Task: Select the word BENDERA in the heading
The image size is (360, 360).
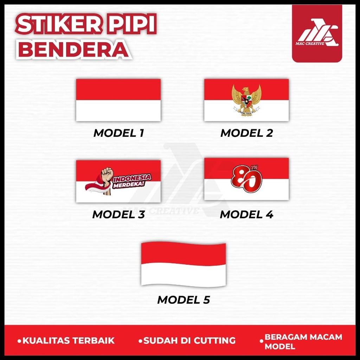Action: (73, 49)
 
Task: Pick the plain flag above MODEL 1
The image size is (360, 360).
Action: (118, 100)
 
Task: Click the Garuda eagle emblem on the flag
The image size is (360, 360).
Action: (246, 100)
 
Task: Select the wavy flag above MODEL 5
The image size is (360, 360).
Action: (183, 264)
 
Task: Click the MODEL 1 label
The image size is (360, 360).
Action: (118, 133)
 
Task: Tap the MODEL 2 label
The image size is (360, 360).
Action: (246, 133)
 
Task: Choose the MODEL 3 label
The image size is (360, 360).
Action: (118, 214)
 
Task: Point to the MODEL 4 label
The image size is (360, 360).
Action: (246, 214)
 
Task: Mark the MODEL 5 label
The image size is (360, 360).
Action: (183, 300)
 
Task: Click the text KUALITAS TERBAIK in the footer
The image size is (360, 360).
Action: (69, 340)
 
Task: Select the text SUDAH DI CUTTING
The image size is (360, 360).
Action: (189, 340)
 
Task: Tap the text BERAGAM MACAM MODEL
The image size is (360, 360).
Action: (303, 341)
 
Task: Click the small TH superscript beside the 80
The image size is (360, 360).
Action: (259, 168)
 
